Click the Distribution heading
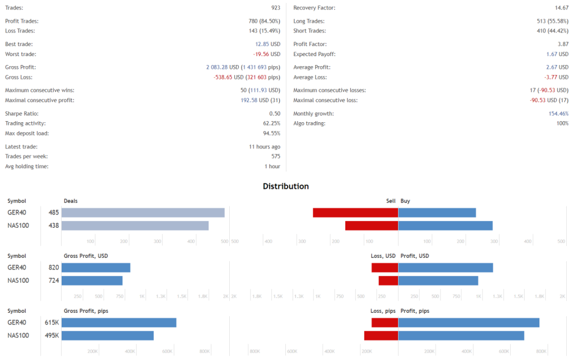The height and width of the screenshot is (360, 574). pos(286,186)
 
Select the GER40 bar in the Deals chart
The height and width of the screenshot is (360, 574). pos(143,213)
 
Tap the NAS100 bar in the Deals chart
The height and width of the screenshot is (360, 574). pos(135,225)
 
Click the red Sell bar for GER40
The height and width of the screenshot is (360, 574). pos(355,213)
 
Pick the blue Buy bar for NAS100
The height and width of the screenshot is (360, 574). pos(445,225)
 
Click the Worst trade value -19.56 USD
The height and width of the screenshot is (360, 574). pos(267,54)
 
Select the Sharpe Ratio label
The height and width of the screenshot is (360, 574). pos(22,113)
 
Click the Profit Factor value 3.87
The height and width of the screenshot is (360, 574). pos(563,44)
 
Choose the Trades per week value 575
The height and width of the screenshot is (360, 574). pos(275,156)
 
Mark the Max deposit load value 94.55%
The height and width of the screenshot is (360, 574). pos(272,133)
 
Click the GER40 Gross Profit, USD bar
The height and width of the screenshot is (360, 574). pos(96,267)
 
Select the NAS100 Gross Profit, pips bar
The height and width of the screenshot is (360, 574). pos(108,335)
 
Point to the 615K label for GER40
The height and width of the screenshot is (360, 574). pos(52,322)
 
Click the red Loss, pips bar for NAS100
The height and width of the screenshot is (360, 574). pos(381,335)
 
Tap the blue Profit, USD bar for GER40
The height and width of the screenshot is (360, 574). pos(446,267)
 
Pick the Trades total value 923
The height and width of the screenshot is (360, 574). pos(275,8)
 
